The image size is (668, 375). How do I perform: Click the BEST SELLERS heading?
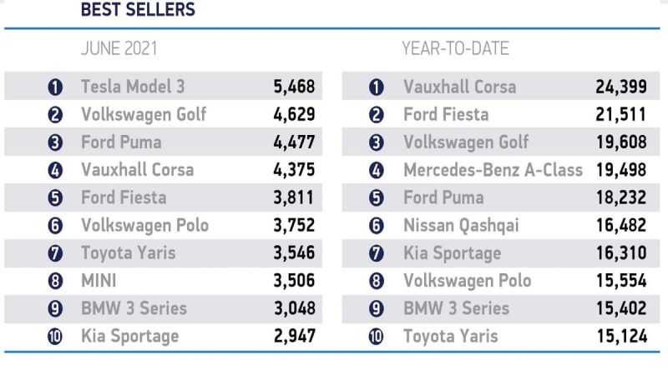pyautogui.click(x=138, y=10)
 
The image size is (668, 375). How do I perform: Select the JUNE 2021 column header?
pyautogui.click(x=119, y=48)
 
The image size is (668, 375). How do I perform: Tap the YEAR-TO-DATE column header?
pyautogui.click(x=455, y=48)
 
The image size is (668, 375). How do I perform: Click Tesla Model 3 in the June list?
pyautogui.click(x=133, y=86)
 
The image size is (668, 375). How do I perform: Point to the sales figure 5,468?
pyautogui.click(x=294, y=86)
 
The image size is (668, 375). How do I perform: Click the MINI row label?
pyautogui.click(x=99, y=281)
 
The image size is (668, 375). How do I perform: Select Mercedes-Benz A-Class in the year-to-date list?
pyautogui.click(x=493, y=170)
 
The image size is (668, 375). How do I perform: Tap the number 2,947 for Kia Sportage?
pyautogui.click(x=294, y=337)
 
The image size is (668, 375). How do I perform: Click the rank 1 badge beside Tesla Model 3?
pyautogui.click(x=55, y=87)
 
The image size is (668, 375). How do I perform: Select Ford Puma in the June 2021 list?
pyautogui.click(x=121, y=142)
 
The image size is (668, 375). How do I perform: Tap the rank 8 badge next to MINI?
pyautogui.click(x=55, y=282)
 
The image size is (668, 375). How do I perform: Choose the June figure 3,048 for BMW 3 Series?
pyautogui.click(x=294, y=308)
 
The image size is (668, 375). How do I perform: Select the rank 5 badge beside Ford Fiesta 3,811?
pyautogui.click(x=55, y=198)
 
